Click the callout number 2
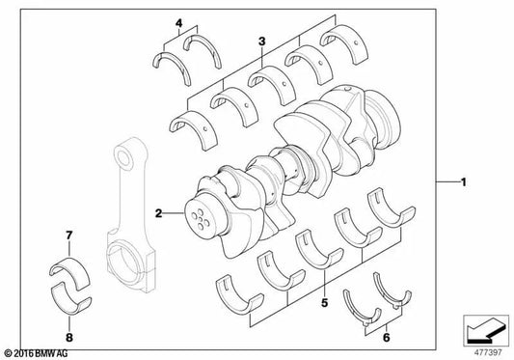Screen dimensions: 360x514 [x=158, y=210]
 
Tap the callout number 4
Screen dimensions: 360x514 [x=177, y=21]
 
